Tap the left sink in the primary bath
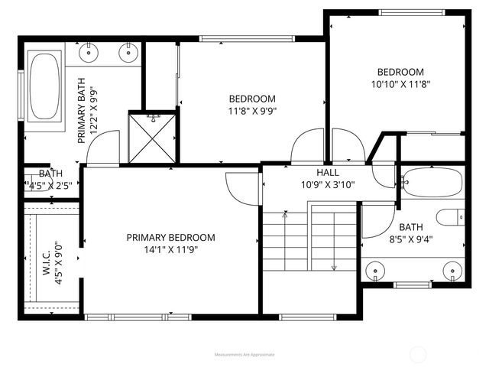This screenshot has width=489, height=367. tap(90, 52)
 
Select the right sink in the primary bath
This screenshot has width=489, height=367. tap(128, 52)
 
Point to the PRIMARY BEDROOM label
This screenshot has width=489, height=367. tap(170, 237)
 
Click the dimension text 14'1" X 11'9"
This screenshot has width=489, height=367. tap(170, 249)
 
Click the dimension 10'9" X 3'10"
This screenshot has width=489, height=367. tap(328, 184)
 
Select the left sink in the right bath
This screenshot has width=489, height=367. tap(375, 271)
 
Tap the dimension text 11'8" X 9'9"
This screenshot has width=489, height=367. tap(252, 110)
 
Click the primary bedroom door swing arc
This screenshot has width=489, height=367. tap(238, 187)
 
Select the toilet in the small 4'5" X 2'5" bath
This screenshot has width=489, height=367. tap(31, 183)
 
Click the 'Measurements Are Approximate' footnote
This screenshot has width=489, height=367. tap(244, 354)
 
